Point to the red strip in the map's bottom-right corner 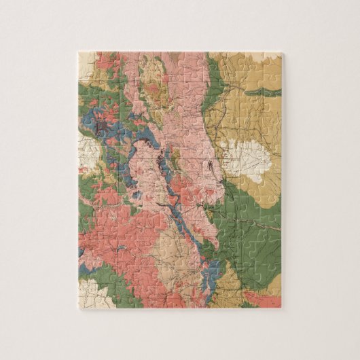(x=262, y=299)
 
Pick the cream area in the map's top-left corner (x=86, y=63)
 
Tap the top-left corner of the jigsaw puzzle (x=79, y=52)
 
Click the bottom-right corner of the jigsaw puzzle (x=281, y=308)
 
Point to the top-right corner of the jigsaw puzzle (x=281, y=53)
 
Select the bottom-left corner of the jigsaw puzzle (x=79, y=308)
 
